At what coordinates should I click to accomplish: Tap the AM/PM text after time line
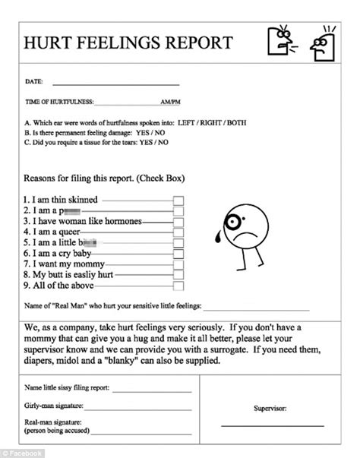pyautogui.click(x=170, y=102)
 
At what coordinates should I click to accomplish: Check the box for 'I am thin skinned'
pyautogui.click(x=178, y=200)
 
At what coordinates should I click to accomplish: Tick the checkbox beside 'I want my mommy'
pyautogui.click(x=178, y=264)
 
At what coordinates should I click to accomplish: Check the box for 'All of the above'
pyautogui.click(x=178, y=286)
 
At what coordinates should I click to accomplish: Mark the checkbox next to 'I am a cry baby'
pyautogui.click(x=178, y=253)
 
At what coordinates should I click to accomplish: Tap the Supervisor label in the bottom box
pyautogui.click(x=270, y=408)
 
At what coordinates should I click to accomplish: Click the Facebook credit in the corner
pyautogui.click(x=23, y=453)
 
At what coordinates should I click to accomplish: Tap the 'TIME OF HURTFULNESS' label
pyautogui.click(x=60, y=102)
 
